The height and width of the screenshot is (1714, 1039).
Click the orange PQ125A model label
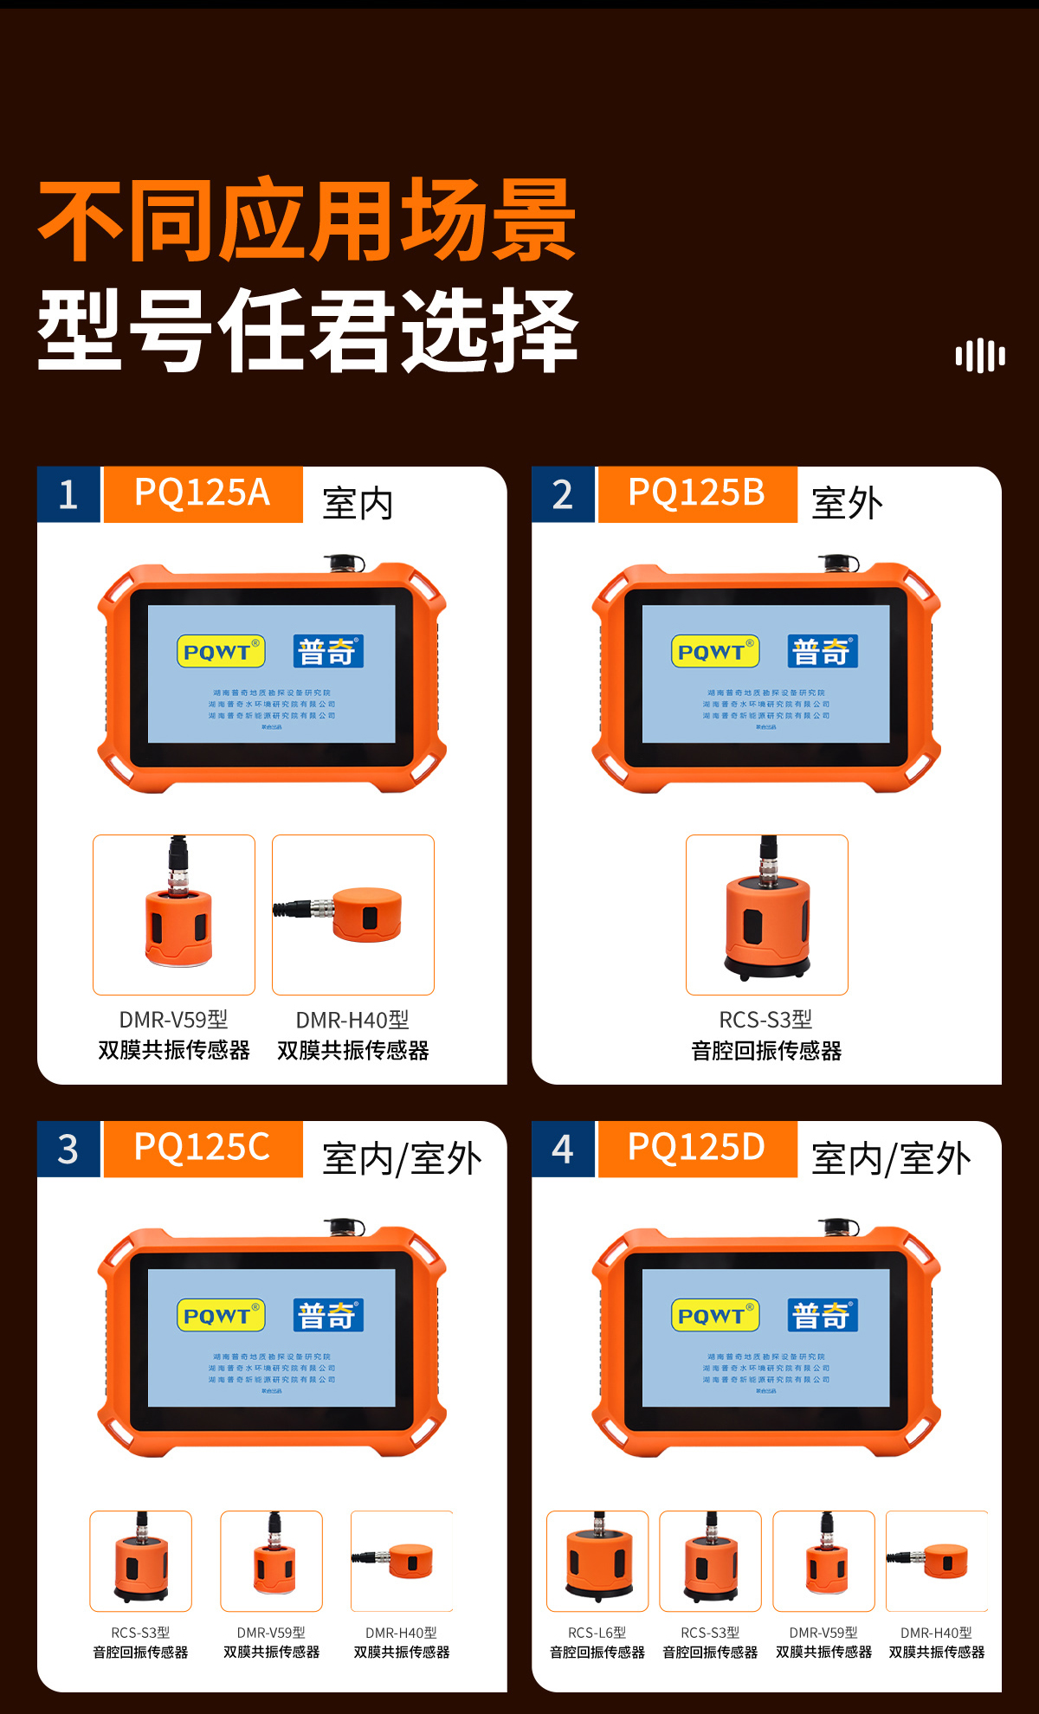203,494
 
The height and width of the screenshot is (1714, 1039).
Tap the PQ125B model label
697,494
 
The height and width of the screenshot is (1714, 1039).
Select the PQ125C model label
203,1149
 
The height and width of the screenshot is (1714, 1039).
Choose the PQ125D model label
697,1149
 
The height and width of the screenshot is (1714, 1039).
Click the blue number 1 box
68,495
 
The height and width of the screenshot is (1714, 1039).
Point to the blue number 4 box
563,1150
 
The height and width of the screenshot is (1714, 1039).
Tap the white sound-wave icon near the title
980,356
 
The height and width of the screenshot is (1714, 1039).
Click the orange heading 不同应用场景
307,221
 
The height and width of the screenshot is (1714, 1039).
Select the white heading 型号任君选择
307,332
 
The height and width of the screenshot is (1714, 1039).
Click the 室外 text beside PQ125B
847,503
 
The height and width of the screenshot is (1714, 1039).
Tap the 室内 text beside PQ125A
358,503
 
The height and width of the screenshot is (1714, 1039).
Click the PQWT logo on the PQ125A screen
221,652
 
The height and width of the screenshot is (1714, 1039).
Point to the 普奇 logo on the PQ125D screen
823,1316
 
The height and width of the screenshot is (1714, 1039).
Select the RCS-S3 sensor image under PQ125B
767,914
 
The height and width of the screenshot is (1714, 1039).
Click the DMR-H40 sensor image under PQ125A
353,914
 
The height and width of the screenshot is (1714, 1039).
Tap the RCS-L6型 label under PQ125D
597,1633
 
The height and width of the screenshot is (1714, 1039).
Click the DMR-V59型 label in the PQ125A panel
174,1020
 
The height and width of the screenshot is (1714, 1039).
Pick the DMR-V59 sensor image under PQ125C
272,1561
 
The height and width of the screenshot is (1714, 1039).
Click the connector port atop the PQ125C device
345,1227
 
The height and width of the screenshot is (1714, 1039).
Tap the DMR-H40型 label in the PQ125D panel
936,1633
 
